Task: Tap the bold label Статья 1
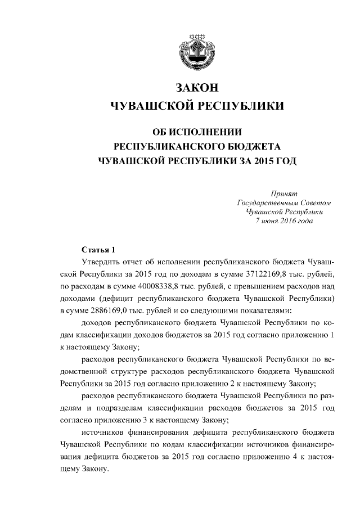[x=98, y=250]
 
